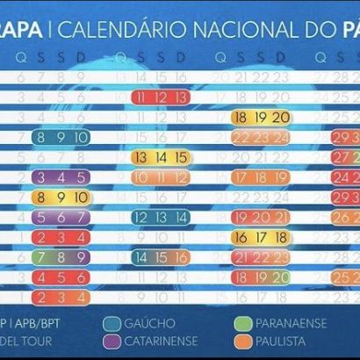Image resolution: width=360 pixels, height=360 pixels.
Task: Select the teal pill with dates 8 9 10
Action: click(x=60, y=138)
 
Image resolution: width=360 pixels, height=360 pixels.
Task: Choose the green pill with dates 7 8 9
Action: click(x=60, y=257)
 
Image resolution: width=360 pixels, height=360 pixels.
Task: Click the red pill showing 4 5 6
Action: click(x=60, y=277)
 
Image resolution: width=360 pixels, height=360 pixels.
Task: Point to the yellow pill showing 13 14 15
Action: click(x=159, y=157)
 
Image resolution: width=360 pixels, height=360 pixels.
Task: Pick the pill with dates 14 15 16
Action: click(x=159, y=257)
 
